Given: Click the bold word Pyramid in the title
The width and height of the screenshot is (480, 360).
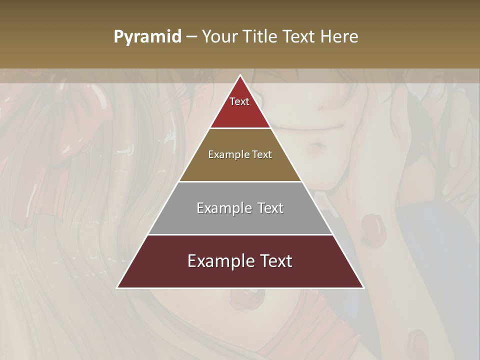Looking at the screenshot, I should [x=147, y=37].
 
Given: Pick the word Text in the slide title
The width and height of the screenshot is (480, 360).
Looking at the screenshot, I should [x=298, y=36].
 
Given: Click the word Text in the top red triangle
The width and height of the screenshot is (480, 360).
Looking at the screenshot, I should [x=239, y=101].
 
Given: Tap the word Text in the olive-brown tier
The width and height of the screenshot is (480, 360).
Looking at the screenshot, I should [x=262, y=154].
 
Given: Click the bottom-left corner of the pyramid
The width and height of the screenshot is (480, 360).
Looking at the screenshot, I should [x=117, y=287].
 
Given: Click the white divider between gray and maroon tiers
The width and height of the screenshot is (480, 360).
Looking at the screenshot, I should [x=240, y=234].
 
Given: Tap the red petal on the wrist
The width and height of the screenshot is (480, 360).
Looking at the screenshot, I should [x=372, y=228].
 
